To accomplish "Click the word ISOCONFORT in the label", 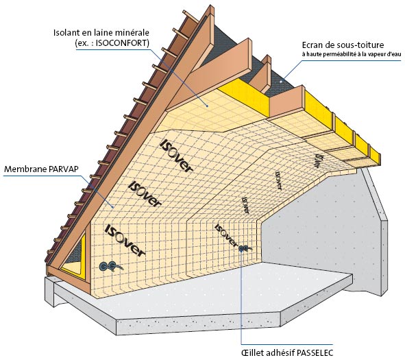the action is pyautogui.click(x=121, y=43).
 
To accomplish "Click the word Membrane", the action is pyautogui.click(x=25, y=169).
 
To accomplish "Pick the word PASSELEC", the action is pyautogui.click(x=315, y=352).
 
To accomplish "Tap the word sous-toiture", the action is pyautogui.click(x=360, y=45).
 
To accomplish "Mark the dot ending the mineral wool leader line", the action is pyautogui.click(x=208, y=106).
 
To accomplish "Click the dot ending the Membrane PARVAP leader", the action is pyautogui.click(x=113, y=207).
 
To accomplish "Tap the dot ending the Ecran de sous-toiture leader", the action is pyautogui.click(x=281, y=82).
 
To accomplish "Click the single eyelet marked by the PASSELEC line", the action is pyautogui.click(x=242, y=249).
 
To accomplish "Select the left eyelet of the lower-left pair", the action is pyautogui.click(x=104, y=266).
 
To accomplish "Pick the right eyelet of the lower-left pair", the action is pyautogui.click(x=112, y=265).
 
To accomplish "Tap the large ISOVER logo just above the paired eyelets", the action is pyautogui.click(x=125, y=240).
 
